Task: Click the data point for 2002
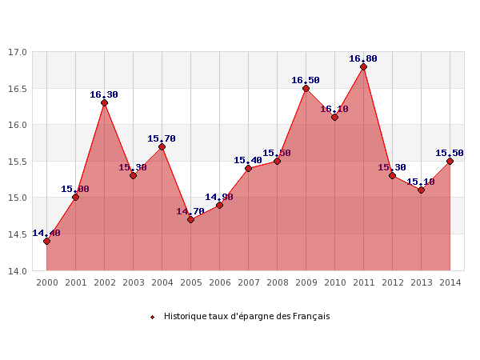(104, 102)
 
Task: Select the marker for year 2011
(363, 66)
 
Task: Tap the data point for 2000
(46, 241)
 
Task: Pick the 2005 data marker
(190, 219)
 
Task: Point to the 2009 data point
(306, 88)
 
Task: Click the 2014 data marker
(450, 161)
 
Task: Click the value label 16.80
(363, 58)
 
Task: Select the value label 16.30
(104, 94)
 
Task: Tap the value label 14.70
(190, 211)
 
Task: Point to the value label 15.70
(162, 138)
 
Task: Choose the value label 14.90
(219, 197)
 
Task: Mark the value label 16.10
(334, 109)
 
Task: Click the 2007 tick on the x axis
(248, 282)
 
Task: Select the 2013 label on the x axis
(421, 282)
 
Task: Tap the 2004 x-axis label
(162, 282)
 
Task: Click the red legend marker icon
(152, 317)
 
